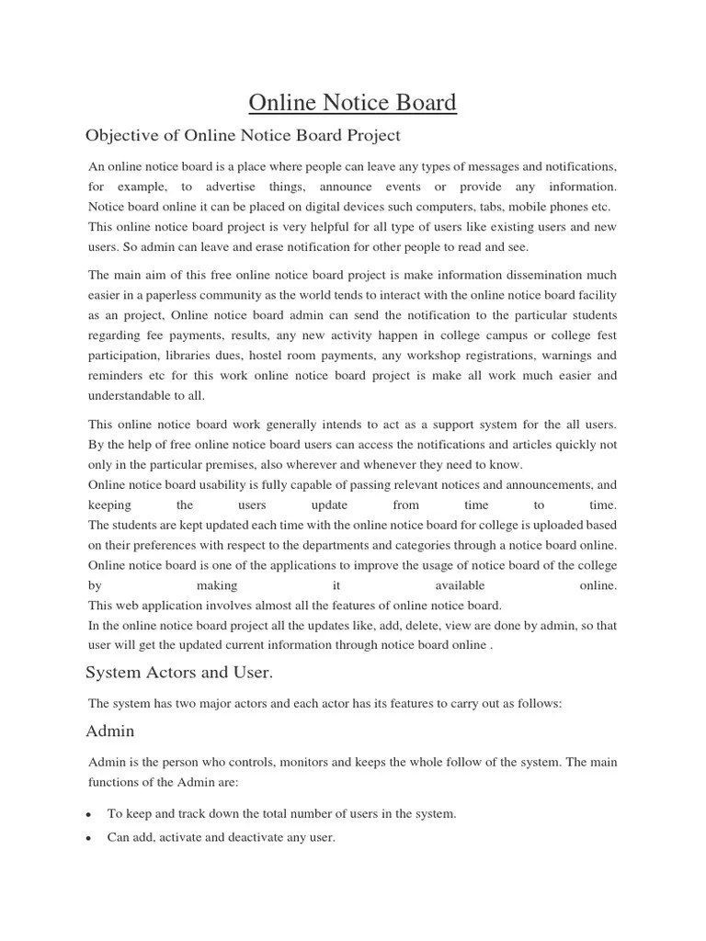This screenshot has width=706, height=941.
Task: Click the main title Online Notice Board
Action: point(354,102)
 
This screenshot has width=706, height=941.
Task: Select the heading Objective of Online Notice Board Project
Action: point(243,136)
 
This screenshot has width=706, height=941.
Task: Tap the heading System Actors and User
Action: point(179,673)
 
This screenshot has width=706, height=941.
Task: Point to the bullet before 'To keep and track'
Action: point(87,815)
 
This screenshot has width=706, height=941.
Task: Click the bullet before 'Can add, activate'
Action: point(87,839)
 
